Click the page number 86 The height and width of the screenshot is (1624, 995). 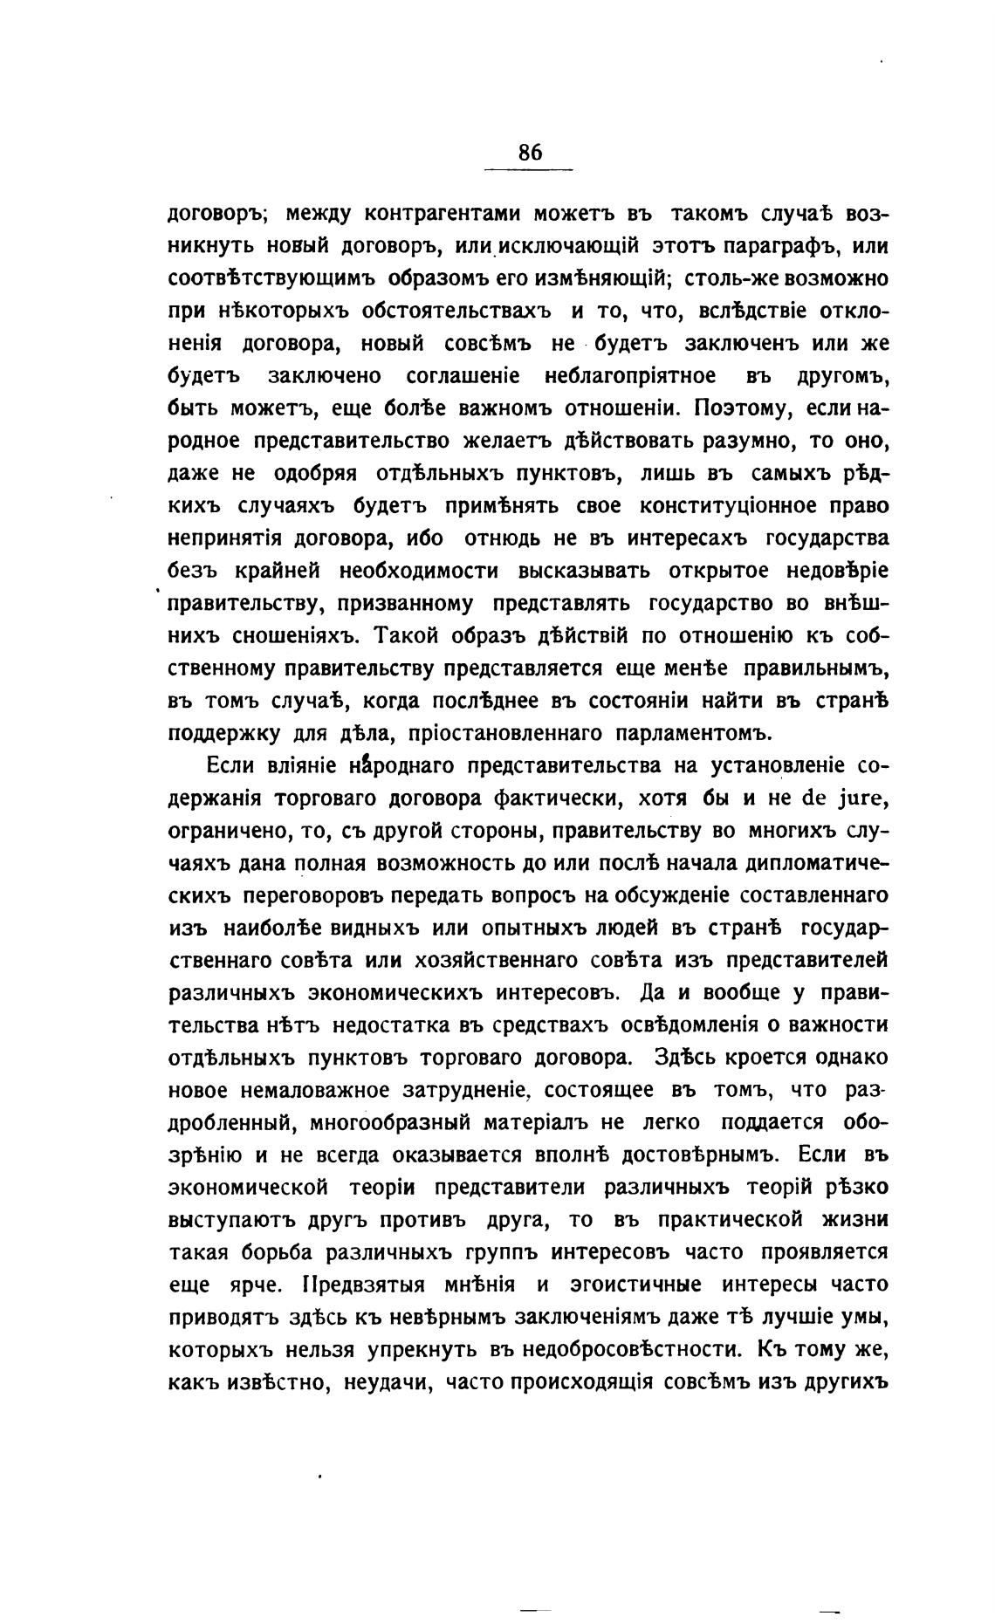530,152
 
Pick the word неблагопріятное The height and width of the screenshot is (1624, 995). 630,376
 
